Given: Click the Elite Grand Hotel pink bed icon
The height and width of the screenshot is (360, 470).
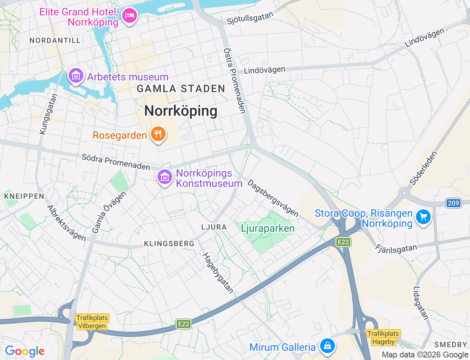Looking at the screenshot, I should click(129, 16).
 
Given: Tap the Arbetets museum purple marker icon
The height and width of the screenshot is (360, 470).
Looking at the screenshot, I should click(76, 76).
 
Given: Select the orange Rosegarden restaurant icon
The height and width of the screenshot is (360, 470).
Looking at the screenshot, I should click(158, 134).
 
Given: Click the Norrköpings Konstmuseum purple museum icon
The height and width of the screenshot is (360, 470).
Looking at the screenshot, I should click(165, 177).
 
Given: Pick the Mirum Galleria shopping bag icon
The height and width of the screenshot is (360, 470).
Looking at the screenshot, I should click(327, 346).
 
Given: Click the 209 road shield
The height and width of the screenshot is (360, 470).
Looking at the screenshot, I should click(453, 203).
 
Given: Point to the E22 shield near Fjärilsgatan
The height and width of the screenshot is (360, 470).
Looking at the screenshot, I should click(343, 242).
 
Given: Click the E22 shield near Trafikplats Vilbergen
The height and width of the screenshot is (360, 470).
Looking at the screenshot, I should click(184, 324).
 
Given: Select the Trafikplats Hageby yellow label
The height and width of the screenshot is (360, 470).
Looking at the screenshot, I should click(383, 338).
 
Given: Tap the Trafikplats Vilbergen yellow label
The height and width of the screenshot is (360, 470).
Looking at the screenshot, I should click(92, 322).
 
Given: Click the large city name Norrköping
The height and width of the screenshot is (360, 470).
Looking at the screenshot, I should click(181, 111).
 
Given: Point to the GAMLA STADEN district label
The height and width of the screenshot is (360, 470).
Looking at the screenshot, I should click(181, 89).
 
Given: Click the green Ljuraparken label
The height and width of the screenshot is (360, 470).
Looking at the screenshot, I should click(268, 228).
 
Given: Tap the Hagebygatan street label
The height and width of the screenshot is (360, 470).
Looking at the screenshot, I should click(218, 273).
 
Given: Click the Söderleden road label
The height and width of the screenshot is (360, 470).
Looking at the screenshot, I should click(423, 169).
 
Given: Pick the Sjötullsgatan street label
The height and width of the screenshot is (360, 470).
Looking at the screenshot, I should click(250, 18).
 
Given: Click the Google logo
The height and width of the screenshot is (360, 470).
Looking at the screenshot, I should click(25, 352).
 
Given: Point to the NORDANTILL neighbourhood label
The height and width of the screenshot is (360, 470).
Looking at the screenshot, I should click(55, 40).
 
